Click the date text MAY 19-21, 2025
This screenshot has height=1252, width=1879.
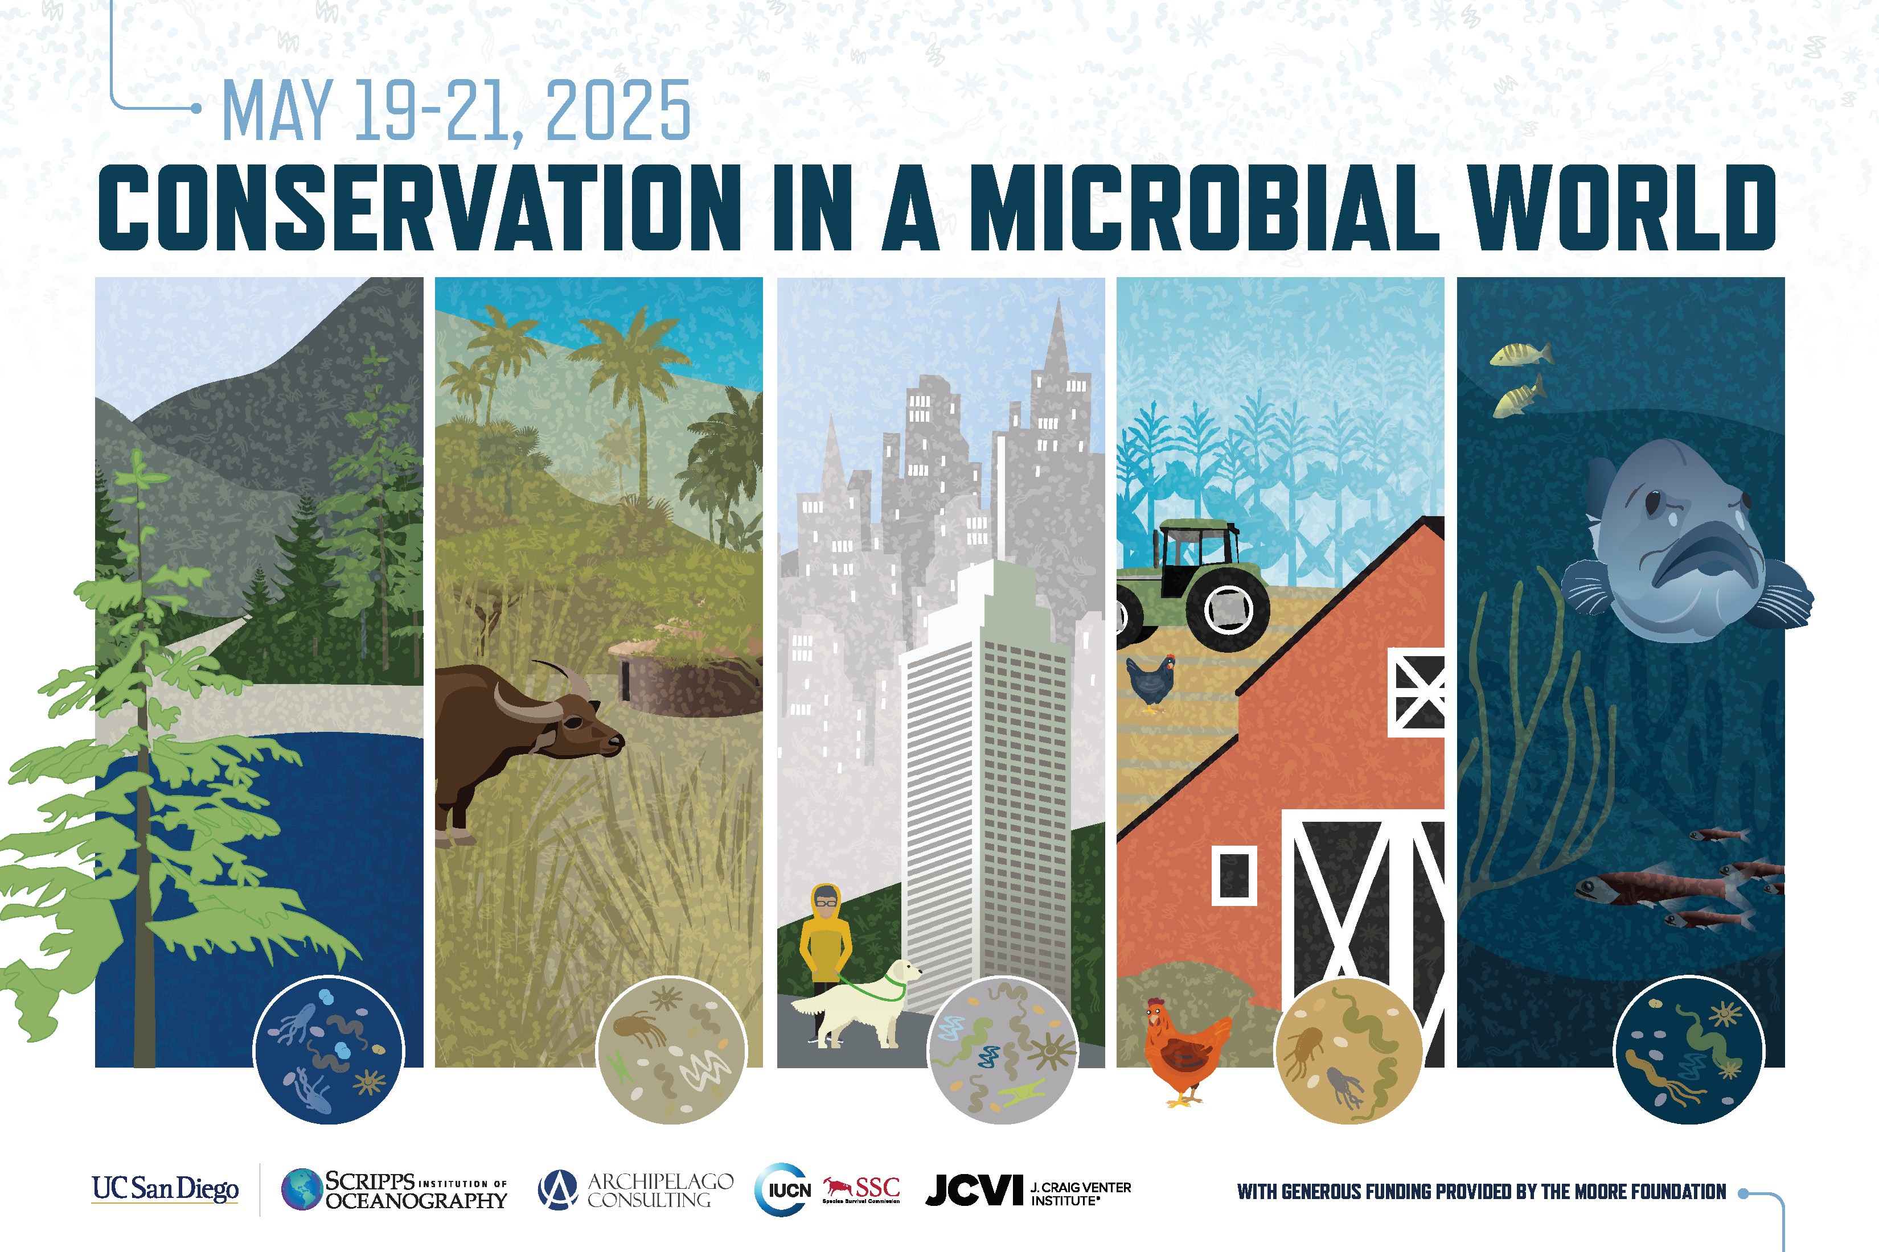(x=456, y=112)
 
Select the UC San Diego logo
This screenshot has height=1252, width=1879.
(x=165, y=1189)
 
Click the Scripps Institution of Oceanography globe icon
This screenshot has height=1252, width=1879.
(x=302, y=1190)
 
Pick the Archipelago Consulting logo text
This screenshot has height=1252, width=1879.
(x=660, y=1190)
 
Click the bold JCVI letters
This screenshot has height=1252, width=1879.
(x=973, y=1190)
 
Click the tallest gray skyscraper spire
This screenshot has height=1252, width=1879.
(x=1059, y=335)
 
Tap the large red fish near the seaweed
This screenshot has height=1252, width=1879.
(x=1646, y=888)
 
